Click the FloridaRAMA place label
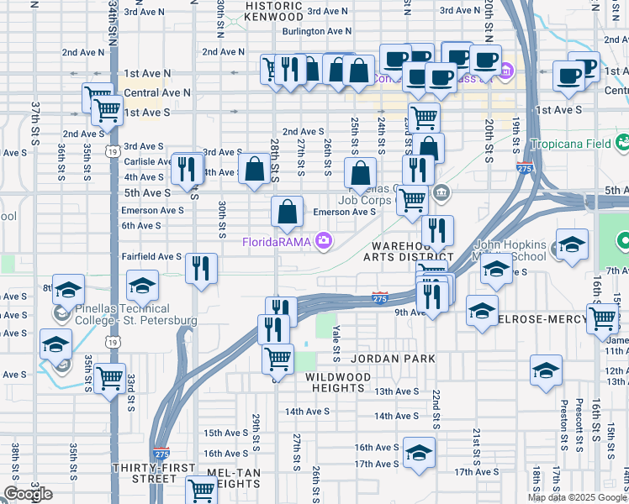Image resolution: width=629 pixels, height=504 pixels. [277, 243]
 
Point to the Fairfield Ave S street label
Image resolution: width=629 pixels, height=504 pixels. [151, 256]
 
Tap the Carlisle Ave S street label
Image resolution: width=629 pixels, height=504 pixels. [148, 161]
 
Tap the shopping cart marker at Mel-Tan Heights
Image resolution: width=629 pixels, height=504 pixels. [202, 489]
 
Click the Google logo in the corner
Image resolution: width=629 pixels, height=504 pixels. [28, 494]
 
